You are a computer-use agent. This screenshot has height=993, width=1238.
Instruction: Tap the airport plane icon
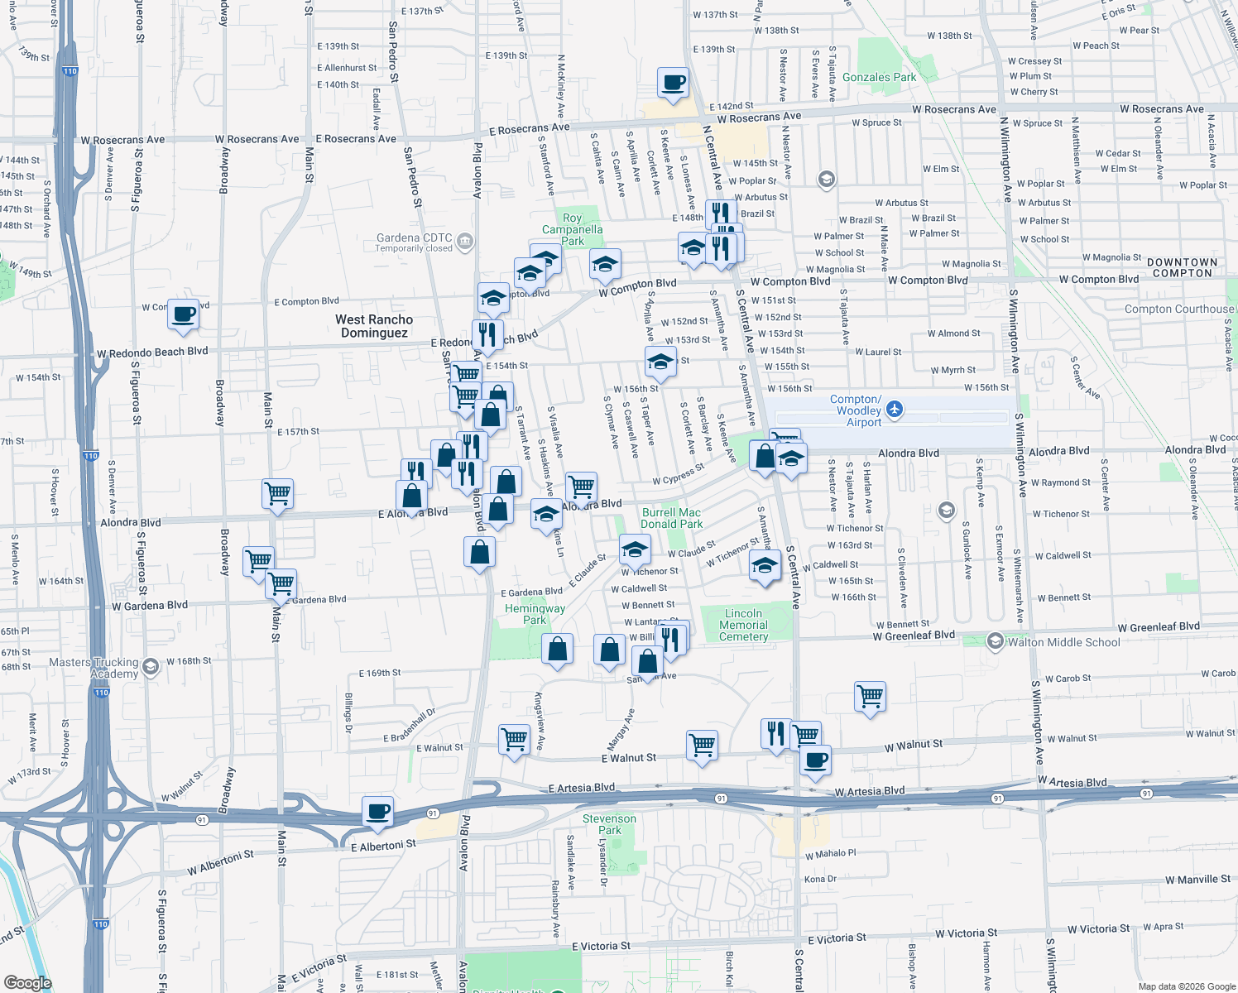point(894,409)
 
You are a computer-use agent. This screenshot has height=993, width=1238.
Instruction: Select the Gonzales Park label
point(879,77)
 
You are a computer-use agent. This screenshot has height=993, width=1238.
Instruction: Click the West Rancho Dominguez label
point(374,326)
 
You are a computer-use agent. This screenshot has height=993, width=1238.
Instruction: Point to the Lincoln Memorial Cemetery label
point(743,626)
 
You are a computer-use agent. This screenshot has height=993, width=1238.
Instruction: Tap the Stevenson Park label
point(609,824)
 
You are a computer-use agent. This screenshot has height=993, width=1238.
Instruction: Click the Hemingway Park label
point(535,614)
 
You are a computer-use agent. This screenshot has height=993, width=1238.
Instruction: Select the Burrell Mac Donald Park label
point(671,518)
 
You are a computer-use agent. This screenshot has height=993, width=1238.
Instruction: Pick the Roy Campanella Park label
point(572,230)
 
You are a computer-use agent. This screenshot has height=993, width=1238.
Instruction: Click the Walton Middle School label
point(1063,642)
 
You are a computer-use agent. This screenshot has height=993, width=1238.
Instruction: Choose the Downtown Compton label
point(1182,267)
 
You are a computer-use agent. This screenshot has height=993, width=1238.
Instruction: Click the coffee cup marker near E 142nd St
point(673,83)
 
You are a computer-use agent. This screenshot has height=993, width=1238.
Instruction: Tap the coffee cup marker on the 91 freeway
point(377,812)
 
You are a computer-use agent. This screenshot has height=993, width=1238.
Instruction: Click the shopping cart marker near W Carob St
point(870,696)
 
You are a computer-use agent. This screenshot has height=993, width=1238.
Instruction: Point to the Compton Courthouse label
point(1178,309)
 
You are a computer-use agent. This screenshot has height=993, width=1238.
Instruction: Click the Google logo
point(28,982)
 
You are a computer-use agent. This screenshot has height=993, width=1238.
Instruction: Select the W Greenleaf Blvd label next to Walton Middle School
point(914,636)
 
